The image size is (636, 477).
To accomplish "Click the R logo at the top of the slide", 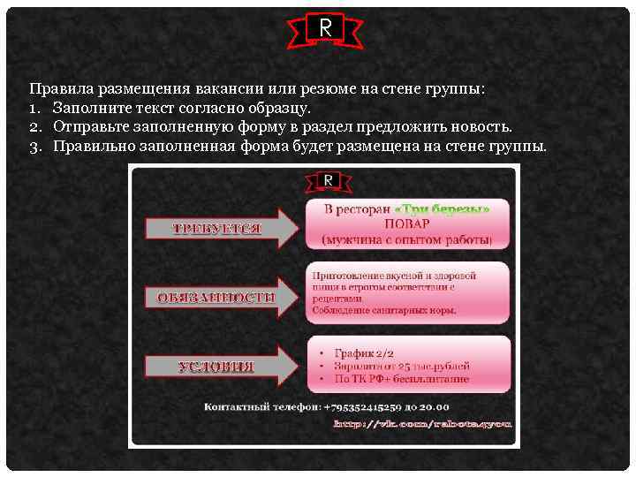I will click(325, 28).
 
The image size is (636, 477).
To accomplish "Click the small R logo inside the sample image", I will click(328, 181).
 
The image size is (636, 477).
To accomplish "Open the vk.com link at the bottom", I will click(422, 424).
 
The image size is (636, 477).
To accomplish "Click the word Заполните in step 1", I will click(89, 108).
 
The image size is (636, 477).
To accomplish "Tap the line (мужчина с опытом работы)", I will click(407, 239).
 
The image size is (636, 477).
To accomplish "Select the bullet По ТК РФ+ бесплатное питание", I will click(401, 378).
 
